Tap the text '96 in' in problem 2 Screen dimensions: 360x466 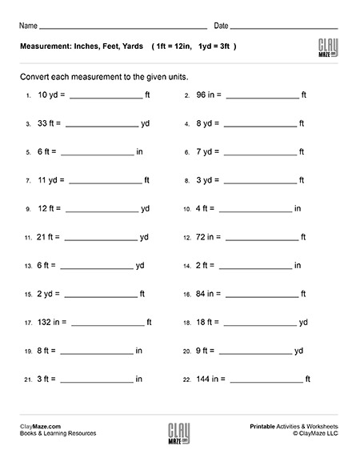pyautogui.click(x=206, y=94)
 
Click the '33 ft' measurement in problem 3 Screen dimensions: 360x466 pyautogui.click(x=46, y=123)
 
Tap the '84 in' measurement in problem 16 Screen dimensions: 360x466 pyautogui.click(x=206, y=294)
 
